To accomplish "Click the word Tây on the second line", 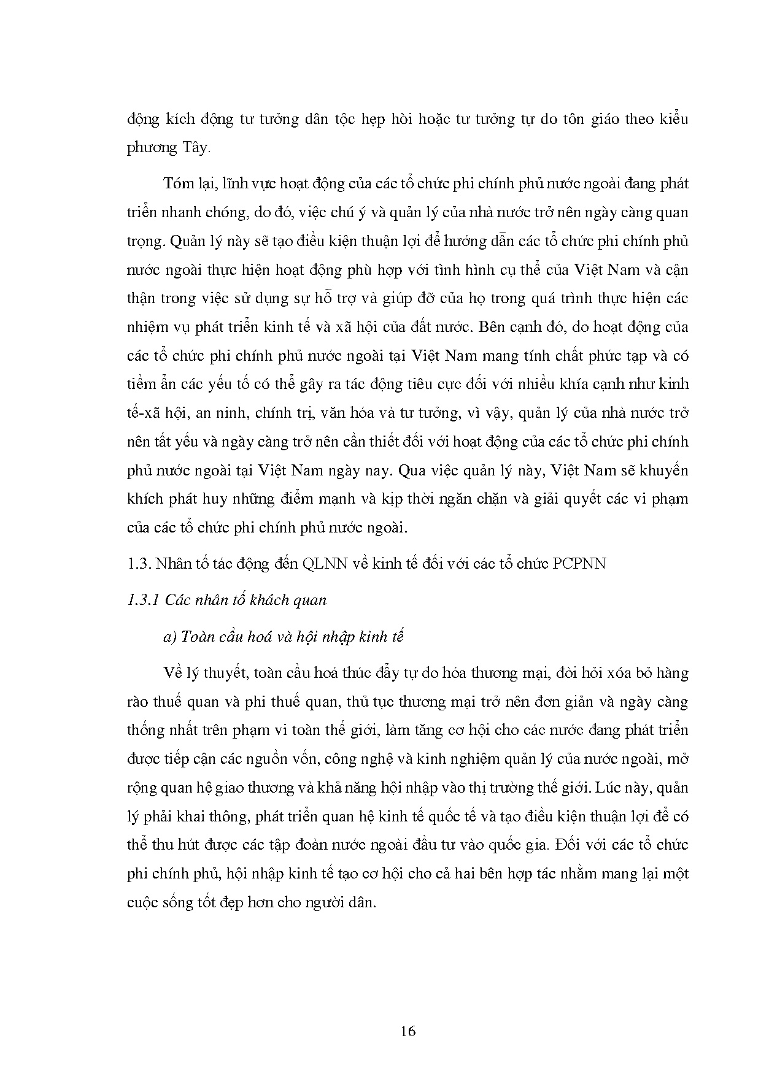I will click(196, 147).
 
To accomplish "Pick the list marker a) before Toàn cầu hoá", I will click(170, 637).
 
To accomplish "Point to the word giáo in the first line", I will click(601, 119).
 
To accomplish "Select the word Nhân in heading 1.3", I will click(173, 564).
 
